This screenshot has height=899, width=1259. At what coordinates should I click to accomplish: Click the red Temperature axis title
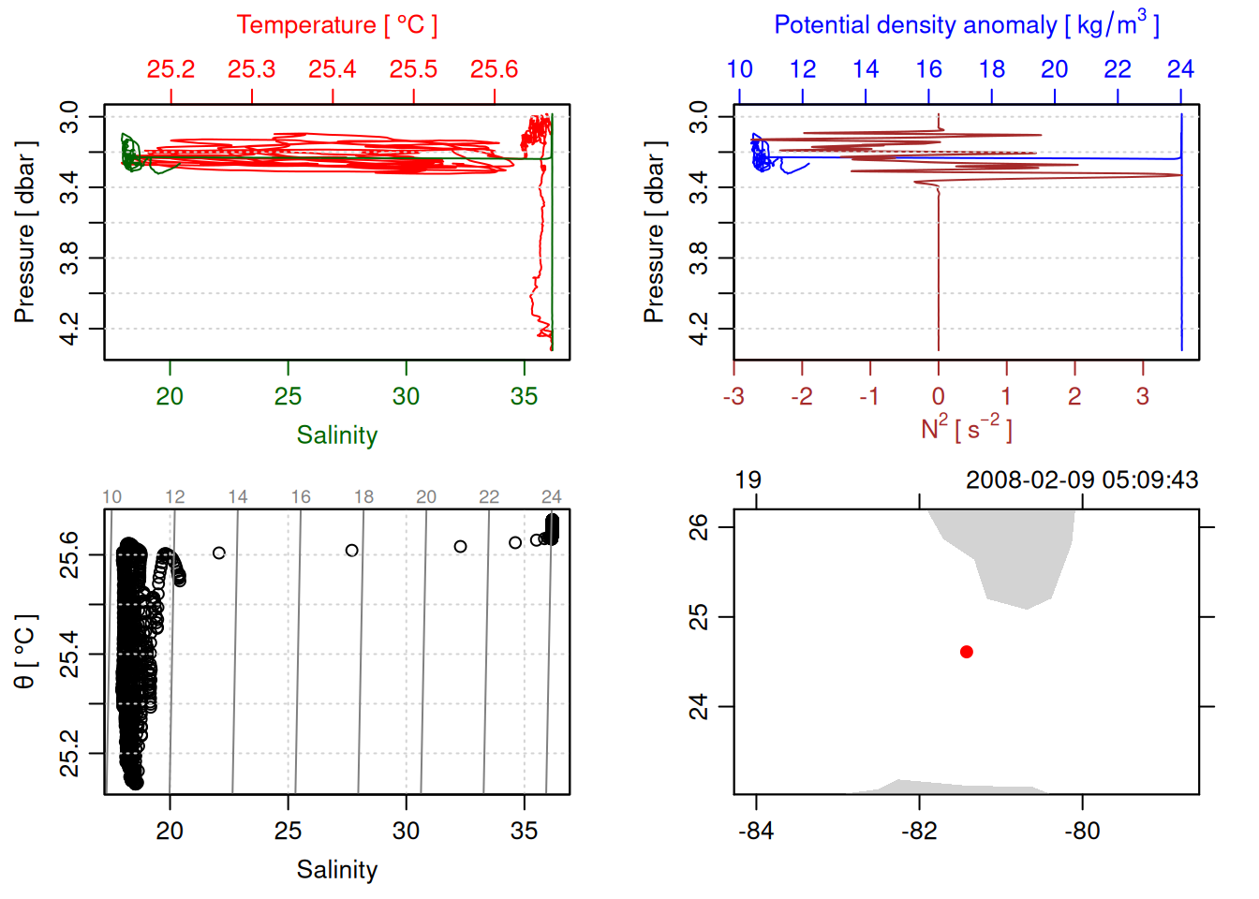(x=336, y=25)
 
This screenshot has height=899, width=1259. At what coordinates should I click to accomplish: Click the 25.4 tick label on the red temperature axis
(x=333, y=69)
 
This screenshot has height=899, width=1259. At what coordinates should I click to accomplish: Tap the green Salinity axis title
(x=336, y=435)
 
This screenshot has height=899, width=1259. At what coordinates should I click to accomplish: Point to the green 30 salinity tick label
(x=406, y=397)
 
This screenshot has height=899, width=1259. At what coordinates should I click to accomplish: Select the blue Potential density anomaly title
(x=966, y=24)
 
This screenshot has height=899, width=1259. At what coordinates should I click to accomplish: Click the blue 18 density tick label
(x=992, y=69)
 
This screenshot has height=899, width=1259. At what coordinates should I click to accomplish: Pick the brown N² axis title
(x=966, y=429)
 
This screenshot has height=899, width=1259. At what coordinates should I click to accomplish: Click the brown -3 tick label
(x=733, y=397)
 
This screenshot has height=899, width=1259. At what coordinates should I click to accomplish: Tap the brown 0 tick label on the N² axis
(x=939, y=397)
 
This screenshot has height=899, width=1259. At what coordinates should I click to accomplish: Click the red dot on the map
(x=967, y=652)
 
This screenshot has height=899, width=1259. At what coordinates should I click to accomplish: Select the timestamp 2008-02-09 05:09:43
(x=1082, y=480)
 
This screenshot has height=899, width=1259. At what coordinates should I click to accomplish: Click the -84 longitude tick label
(x=756, y=832)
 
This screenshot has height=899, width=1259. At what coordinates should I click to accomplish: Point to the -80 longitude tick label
(x=1082, y=832)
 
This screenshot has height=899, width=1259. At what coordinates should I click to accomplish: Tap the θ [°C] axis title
(x=25, y=652)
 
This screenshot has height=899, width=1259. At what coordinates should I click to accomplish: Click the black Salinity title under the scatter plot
(x=336, y=870)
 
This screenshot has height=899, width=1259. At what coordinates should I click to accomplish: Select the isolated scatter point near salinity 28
(x=352, y=551)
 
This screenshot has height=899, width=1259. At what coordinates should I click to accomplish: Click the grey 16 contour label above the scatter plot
(x=301, y=497)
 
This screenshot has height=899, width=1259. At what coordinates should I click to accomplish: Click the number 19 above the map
(x=748, y=480)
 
